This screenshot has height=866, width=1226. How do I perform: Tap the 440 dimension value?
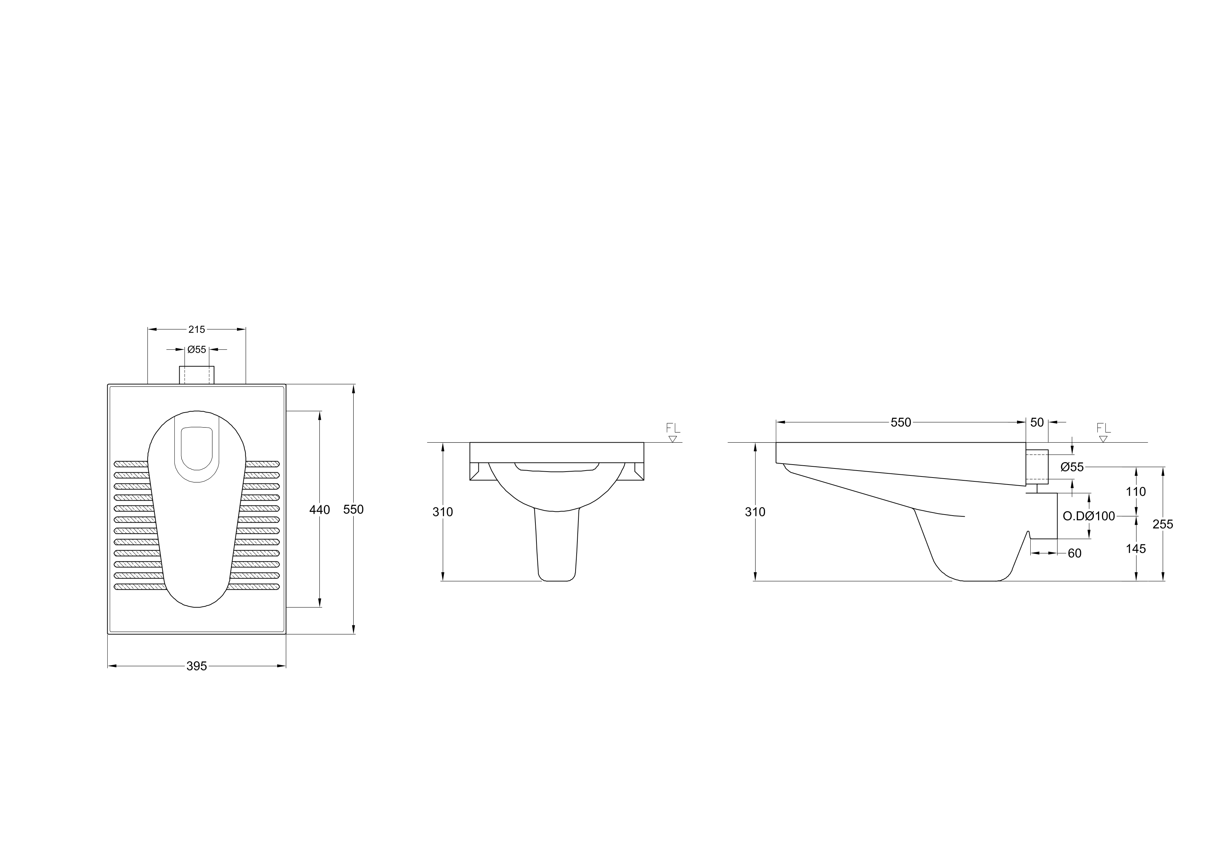tap(320, 510)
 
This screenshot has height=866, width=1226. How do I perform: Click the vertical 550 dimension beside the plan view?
tap(353, 510)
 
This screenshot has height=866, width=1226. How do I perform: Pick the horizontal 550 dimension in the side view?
tap(901, 423)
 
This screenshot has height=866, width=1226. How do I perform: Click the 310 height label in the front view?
tap(443, 512)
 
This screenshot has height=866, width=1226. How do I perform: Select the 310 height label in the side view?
tap(755, 512)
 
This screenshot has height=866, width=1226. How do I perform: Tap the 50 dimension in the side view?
tap(1037, 423)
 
